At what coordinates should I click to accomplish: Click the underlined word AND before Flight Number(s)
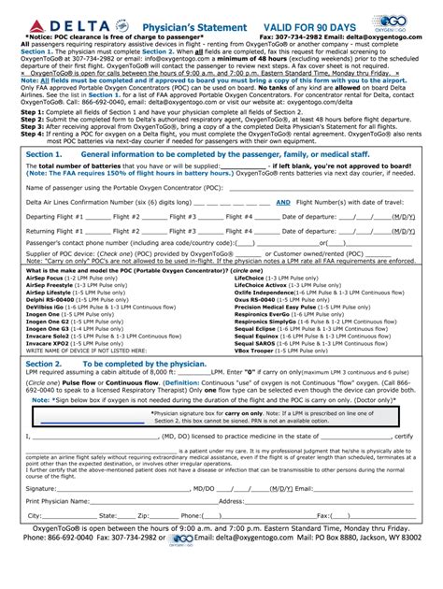point(282,227)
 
